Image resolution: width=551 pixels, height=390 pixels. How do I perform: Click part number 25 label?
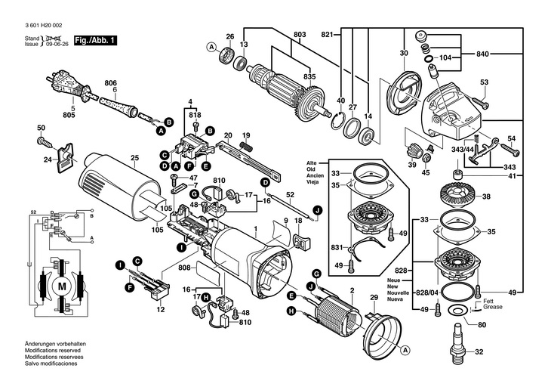[x=134, y=158]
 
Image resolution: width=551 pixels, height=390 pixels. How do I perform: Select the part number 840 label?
[x=482, y=54]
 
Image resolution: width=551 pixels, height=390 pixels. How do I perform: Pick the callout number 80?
[x=482, y=327]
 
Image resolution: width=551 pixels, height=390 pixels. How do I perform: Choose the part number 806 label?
[x=111, y=83]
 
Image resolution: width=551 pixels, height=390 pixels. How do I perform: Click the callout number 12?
[x=159, y=310]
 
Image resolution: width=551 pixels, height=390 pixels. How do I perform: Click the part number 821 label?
[x=326, y=36]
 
